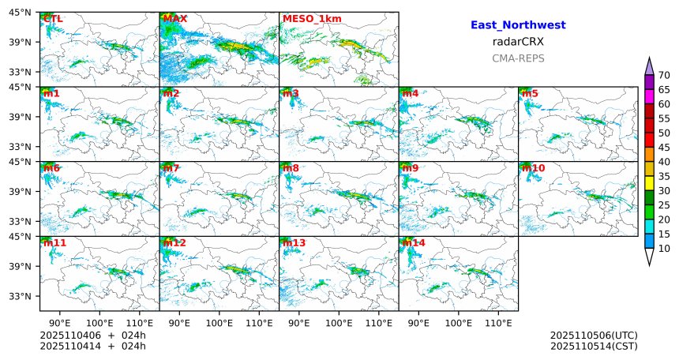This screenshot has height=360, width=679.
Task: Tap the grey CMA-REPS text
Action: [518, 58]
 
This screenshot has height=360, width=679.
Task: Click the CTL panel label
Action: [53, 18]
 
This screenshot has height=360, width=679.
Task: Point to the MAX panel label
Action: [174, 18]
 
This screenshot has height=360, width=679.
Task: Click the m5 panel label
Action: [530, 94]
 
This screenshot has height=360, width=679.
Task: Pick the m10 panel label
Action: [533, 168]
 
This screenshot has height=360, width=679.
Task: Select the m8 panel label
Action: [291, 168]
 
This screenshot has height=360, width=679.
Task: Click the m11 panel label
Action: [54, 243]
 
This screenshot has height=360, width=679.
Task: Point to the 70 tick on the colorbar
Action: [665, 75]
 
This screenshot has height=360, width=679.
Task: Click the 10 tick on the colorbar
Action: [665, 249]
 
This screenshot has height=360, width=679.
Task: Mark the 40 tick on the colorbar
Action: [665, 162]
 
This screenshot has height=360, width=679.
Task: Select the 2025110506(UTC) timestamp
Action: [594, 336]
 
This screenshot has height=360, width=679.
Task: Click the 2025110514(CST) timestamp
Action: [594, 346]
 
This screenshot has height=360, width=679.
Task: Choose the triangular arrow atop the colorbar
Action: [649, 66]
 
